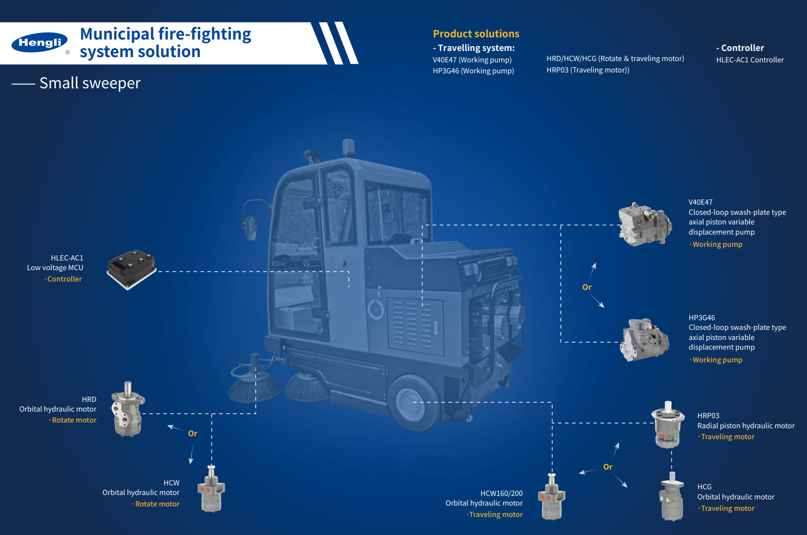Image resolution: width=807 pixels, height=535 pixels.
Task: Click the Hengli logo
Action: [40, 43]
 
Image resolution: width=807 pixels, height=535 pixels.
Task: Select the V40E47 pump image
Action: [644, 224]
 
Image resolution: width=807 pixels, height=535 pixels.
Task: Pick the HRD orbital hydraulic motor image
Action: [128, 409]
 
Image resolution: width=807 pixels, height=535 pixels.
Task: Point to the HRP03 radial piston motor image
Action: [668, 424]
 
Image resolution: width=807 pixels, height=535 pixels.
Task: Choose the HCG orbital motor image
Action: [672, 497]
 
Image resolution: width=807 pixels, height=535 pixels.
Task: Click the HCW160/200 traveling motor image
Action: [552, 497]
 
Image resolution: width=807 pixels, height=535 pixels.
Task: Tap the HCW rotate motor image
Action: [211, 489]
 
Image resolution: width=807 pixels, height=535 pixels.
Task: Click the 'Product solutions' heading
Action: [476, 34]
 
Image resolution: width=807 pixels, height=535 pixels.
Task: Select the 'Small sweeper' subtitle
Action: [90, 83]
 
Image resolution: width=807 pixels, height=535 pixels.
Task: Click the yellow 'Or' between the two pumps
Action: [587, 287]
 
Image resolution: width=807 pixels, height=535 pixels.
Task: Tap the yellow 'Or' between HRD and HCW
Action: [192, 434]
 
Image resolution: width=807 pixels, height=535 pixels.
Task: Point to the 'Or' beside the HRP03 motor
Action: [608, 467]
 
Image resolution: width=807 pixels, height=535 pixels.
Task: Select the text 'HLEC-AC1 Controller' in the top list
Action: [749, 60]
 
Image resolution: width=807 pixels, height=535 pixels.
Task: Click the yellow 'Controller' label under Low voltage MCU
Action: [64, 279]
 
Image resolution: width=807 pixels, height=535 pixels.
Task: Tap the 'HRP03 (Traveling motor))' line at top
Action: [587, 70]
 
